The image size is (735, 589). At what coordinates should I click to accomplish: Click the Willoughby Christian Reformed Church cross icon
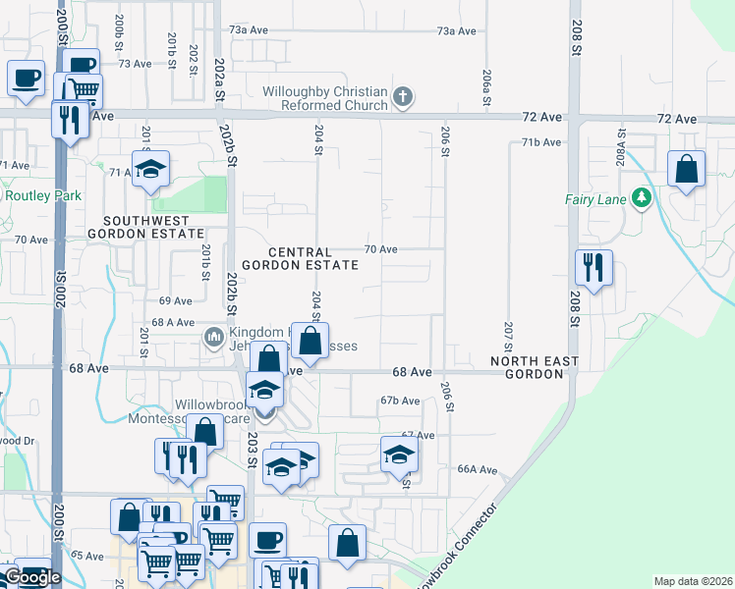click(x=402, y=97)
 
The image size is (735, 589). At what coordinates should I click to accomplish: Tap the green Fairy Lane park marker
click(x=642, y=199)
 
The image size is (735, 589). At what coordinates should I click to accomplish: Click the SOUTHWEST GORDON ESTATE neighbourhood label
click(x=145, y=227)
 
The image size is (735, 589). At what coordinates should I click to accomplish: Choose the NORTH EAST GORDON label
click(x=536, y=369)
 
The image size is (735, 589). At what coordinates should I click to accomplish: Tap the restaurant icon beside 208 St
click(x=594, y=267)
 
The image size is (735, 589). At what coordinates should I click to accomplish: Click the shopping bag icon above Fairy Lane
click(x=687, y=168)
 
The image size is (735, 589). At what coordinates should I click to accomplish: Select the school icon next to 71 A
click(x=150, y=170)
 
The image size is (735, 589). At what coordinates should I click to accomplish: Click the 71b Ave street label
click(x=541, y=142)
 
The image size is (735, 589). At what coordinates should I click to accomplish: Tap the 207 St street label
click(x=508, y=336)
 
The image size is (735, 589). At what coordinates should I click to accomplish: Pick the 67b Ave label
click(x=401, y=401)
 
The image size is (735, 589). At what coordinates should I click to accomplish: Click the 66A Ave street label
click(x=480, y=469)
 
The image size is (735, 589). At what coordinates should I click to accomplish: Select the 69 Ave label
click(x=175, y=300)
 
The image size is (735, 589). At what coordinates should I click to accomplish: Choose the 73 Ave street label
click(x=136, y=63)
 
